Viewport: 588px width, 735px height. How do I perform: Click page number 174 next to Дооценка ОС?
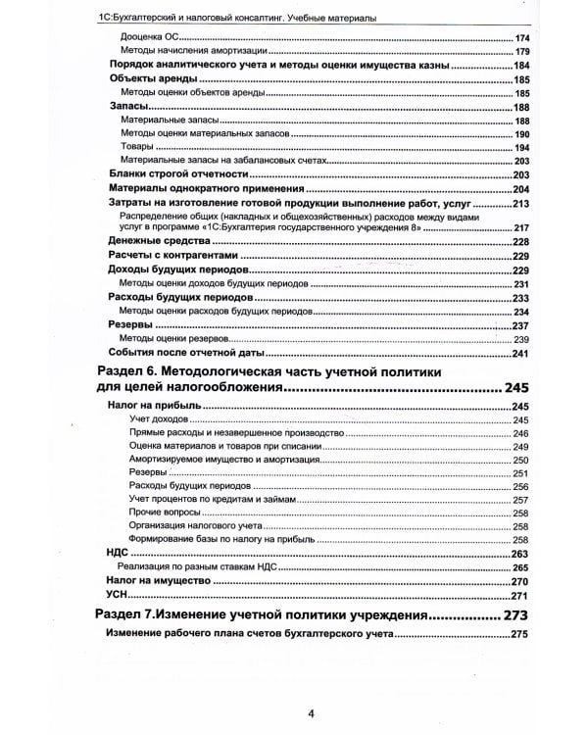coord(521,37)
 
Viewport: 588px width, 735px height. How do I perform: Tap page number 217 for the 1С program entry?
coord(521,227)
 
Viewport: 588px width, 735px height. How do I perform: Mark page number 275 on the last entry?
coord(519,635)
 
